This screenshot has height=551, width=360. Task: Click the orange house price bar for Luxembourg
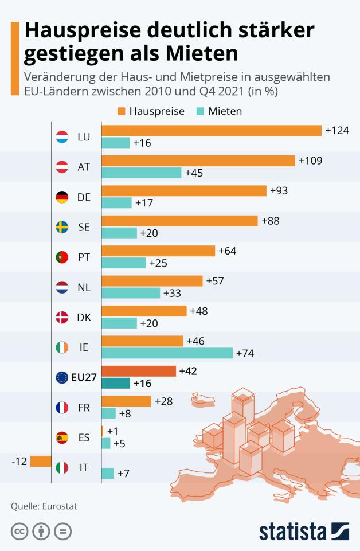pyautogui.click(x=211, y=131)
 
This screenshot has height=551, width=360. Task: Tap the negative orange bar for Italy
pyautogui.click(x=41, y=461)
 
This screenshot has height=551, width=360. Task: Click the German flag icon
pyautogui.click(x=62, y=197)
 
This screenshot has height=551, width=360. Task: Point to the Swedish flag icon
pyautogui.click(x=62, y=227)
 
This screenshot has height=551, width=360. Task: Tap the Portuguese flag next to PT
pyautogui.click(x=62, y=257)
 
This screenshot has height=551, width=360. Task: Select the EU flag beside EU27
pyautogui.click(x=62, y=377)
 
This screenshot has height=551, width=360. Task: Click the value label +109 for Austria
pyautogui.click(x=310, y=161)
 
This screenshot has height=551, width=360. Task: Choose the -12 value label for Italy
pyautogui.click(x=19, y=461)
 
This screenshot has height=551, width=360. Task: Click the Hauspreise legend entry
pyautogui.click(x=151, y=111)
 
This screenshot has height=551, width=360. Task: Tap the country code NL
pyautogui.click(x=84, y=287)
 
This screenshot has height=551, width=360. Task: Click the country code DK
pyautogui.click(x=84, y=317)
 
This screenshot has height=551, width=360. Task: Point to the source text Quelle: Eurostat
pyautogui.click(x=44, y=506)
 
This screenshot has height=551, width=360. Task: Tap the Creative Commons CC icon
pyautogui.click(x=19, y=532)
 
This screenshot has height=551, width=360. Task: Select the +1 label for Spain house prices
pyautogui.click(x=112, y=431)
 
